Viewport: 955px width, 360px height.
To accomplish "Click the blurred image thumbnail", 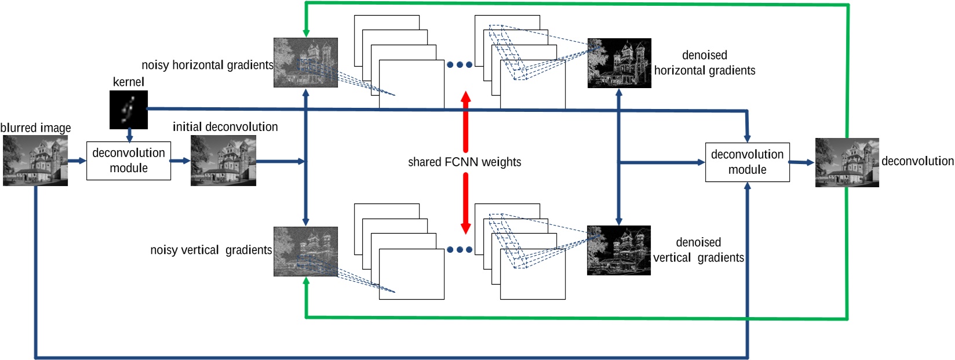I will tap(35, 161).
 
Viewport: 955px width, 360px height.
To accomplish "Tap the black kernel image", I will tap(129, 110).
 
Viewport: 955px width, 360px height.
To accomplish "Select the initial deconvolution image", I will tap(223, 161).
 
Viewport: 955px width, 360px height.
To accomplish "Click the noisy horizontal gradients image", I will tap(305, 63).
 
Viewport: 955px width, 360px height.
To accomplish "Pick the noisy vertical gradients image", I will tap(305, 251).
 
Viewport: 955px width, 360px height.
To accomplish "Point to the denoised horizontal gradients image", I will tap(619, 63).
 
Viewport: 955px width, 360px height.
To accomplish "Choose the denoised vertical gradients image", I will tap(618, 250).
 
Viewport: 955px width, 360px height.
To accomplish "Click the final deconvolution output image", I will tap(847, 162).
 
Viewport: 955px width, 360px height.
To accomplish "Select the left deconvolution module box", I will tap(129, 161).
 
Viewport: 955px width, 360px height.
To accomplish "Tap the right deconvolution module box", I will tap(747, 162).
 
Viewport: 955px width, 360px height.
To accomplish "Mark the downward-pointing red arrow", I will tap(465, 203).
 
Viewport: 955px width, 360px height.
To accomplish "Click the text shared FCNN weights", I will tap(464, 162).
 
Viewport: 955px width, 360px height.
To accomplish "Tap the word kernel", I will tap(128, 82).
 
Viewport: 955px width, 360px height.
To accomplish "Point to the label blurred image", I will tap(35, 128).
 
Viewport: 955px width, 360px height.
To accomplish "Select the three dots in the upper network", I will tap(460, 65).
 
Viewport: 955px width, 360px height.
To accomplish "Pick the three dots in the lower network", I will tap(460, 250).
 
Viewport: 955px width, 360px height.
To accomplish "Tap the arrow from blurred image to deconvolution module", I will tap(77, 161).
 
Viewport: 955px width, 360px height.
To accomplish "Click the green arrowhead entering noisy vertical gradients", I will tap(306, 281).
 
